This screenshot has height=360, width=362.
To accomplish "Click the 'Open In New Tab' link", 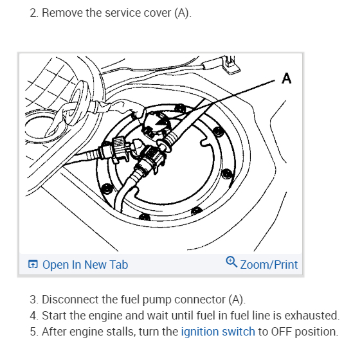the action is pos(85,264).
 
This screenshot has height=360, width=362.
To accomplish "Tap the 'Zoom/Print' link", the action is pos(269,265).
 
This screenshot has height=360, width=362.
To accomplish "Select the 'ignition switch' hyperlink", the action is pos(218,332).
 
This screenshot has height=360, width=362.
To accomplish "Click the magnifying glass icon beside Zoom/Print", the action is pos(231,262).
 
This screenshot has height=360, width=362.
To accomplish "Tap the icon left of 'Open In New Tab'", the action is pos(33,264).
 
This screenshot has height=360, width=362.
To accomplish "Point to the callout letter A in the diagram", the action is pos(287,78).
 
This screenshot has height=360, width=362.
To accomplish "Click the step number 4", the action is pos(33,316).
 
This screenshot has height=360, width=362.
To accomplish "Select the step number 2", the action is pos(33,13).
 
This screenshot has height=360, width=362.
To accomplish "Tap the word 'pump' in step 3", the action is pos(157,300).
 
